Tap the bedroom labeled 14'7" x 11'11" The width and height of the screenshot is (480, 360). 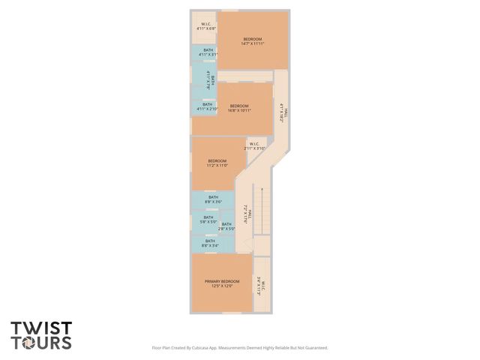click(x=253, y=41)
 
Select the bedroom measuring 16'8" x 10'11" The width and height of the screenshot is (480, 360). click(x=238, y=108)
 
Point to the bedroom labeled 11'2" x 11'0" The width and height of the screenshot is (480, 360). click(x=217, y=163)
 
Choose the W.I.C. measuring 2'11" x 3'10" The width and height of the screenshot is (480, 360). click(x=255, y=146)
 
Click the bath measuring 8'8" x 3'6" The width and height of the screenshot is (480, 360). click(x=213, y=199)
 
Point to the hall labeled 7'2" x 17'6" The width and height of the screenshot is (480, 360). click(x=244, y=215)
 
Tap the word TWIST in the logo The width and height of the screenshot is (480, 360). click(x=41, y=328)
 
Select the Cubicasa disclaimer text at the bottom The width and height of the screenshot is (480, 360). click(x=240, y=348)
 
